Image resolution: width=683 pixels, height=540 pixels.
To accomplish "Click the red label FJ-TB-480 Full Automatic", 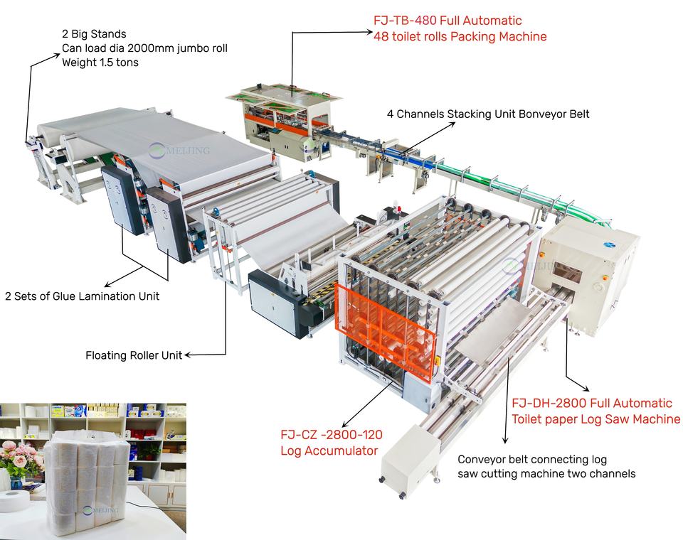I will tap(448, 21).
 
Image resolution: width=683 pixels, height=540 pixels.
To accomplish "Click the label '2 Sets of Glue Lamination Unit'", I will tap(82, 296).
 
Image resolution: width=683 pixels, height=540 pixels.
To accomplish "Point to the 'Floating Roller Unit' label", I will tap(133, 355).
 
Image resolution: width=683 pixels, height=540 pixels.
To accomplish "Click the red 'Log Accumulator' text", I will tap(327, 450).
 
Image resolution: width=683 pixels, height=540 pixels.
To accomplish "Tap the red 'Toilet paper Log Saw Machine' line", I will tap(595, 419).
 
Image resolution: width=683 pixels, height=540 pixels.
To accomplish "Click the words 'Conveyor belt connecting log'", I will tap(532, 459).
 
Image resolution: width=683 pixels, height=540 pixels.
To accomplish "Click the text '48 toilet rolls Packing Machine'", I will tap(460, 36).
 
